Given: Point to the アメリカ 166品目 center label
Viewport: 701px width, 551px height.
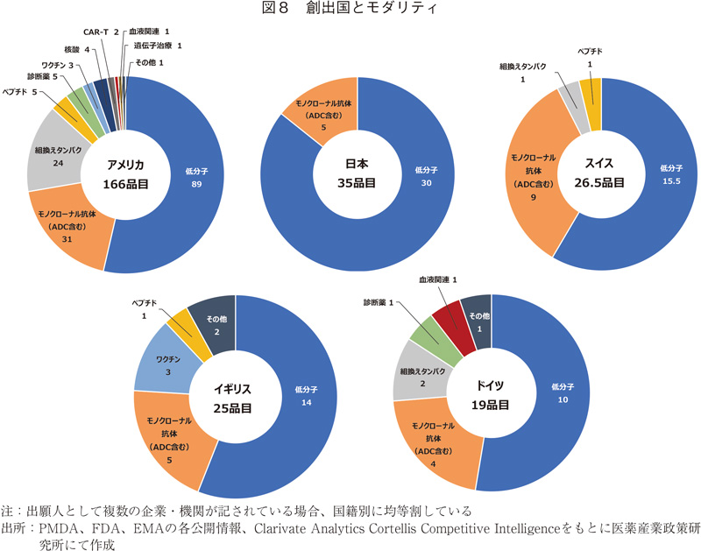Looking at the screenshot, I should (125, 174).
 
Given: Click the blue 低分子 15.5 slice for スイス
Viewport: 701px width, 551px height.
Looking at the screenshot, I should (666, 175).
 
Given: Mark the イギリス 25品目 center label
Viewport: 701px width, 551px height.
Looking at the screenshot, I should (235, 399).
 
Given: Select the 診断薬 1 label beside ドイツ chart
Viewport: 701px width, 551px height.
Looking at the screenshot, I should (379, 302).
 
